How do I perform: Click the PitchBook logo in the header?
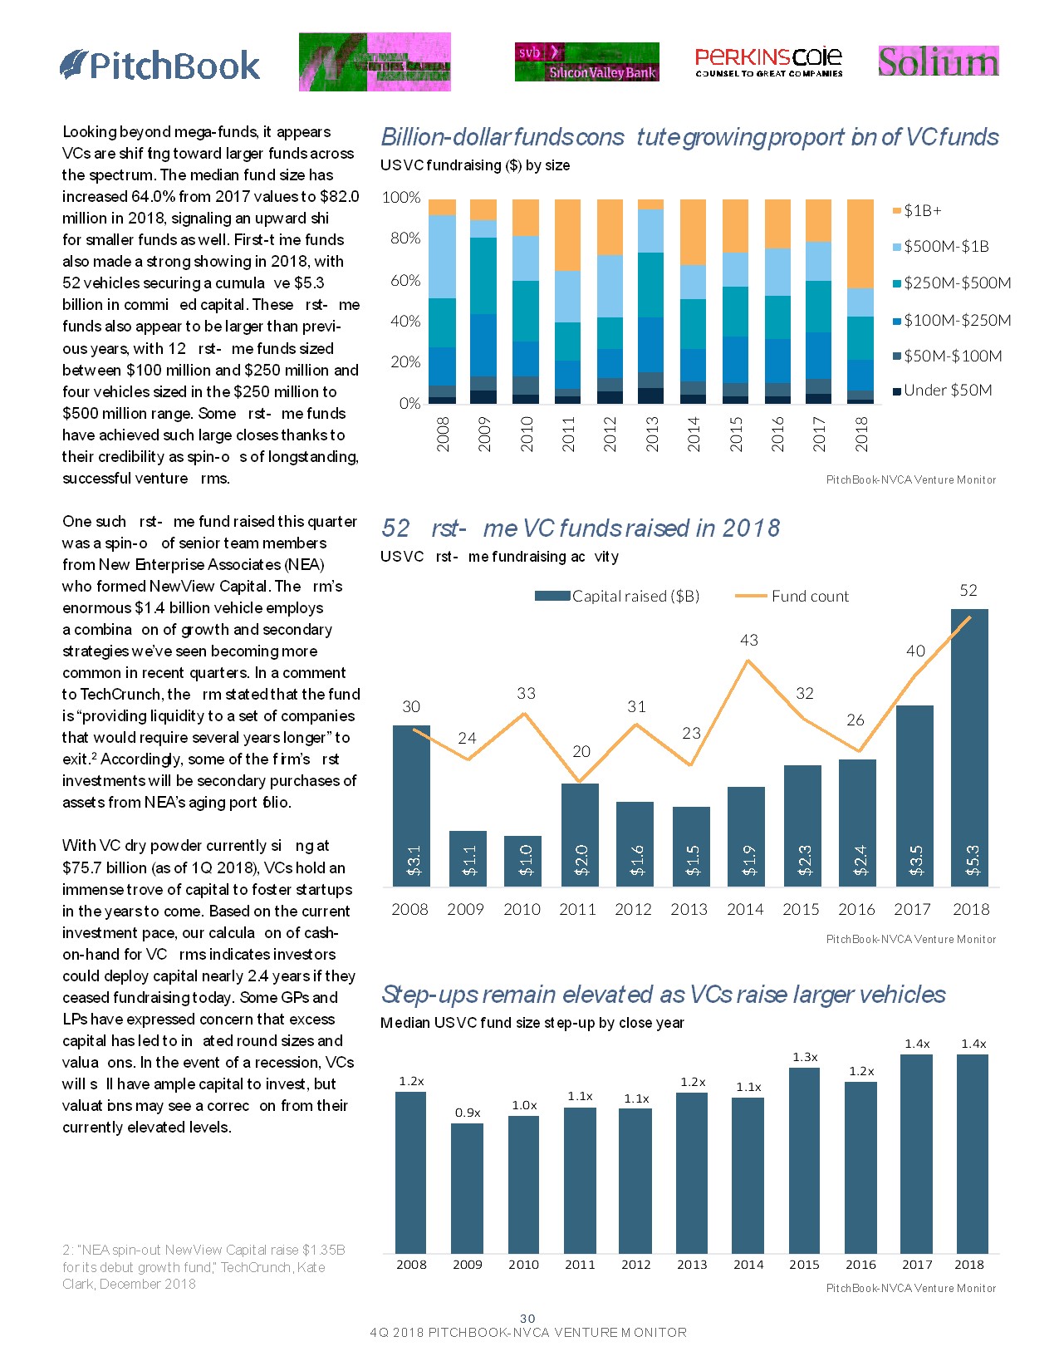coord(160,66)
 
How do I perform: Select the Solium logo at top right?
coord(939,61)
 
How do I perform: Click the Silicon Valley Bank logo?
coord(586,62)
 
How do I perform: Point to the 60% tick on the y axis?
coord(405,280)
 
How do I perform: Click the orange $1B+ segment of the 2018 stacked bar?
coord(860,243)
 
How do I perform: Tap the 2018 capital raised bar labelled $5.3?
coord(969,748)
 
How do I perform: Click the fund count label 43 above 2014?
coord(749,641)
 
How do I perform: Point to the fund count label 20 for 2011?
coord(581,752)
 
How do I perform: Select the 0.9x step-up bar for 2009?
coord(467,1188)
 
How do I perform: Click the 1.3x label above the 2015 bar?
coord(805,1058)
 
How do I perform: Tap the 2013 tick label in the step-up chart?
coord(692,1265)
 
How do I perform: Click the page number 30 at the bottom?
coord(527,1319)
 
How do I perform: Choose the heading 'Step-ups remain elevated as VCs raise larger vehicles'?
coord(663,995)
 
